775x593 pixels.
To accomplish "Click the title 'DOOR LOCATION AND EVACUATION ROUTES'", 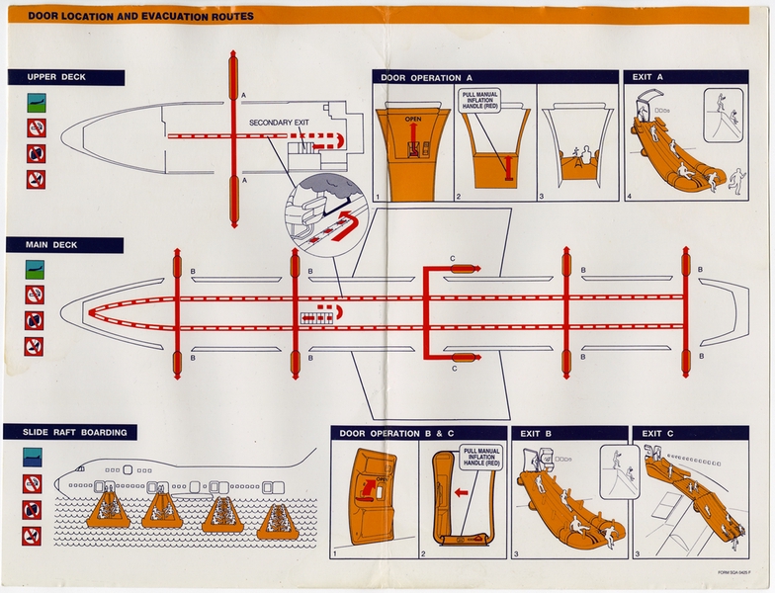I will tap(140, 16).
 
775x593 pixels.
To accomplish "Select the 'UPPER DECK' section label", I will tap(52, 77).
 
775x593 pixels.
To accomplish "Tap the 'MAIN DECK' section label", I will tap(49, 244).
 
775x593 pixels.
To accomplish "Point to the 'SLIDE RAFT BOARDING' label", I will tap(69, 432).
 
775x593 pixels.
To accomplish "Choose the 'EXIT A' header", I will tap(647, 77).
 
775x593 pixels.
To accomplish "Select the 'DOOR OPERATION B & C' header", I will tap(392, 433).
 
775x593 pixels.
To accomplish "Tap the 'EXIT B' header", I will tap(538, 433).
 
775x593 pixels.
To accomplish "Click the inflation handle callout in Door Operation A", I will tap(479, 101).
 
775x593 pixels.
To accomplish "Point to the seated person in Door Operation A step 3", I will tap(583, 156).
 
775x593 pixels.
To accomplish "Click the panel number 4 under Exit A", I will tap(629, 197).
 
